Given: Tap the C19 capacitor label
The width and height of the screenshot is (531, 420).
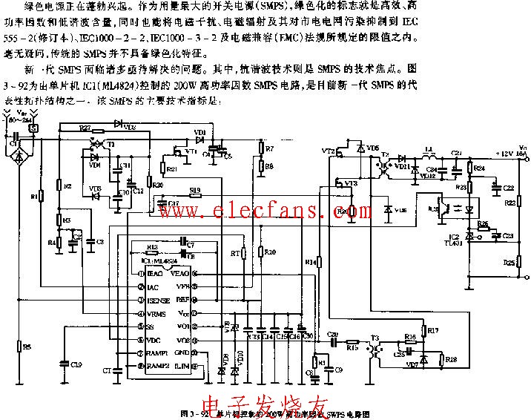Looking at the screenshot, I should [76, 364].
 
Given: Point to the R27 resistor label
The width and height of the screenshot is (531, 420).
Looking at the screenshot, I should [85, 128].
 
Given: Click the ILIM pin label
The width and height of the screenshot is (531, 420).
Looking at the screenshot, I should [182, 366].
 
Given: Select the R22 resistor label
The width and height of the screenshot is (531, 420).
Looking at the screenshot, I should [509, 203].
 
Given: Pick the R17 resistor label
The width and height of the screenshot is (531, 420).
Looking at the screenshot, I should [433, 329].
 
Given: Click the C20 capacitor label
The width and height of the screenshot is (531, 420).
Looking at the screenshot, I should [332, 335].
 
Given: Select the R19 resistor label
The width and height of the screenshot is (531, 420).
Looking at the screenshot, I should [194, 190].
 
